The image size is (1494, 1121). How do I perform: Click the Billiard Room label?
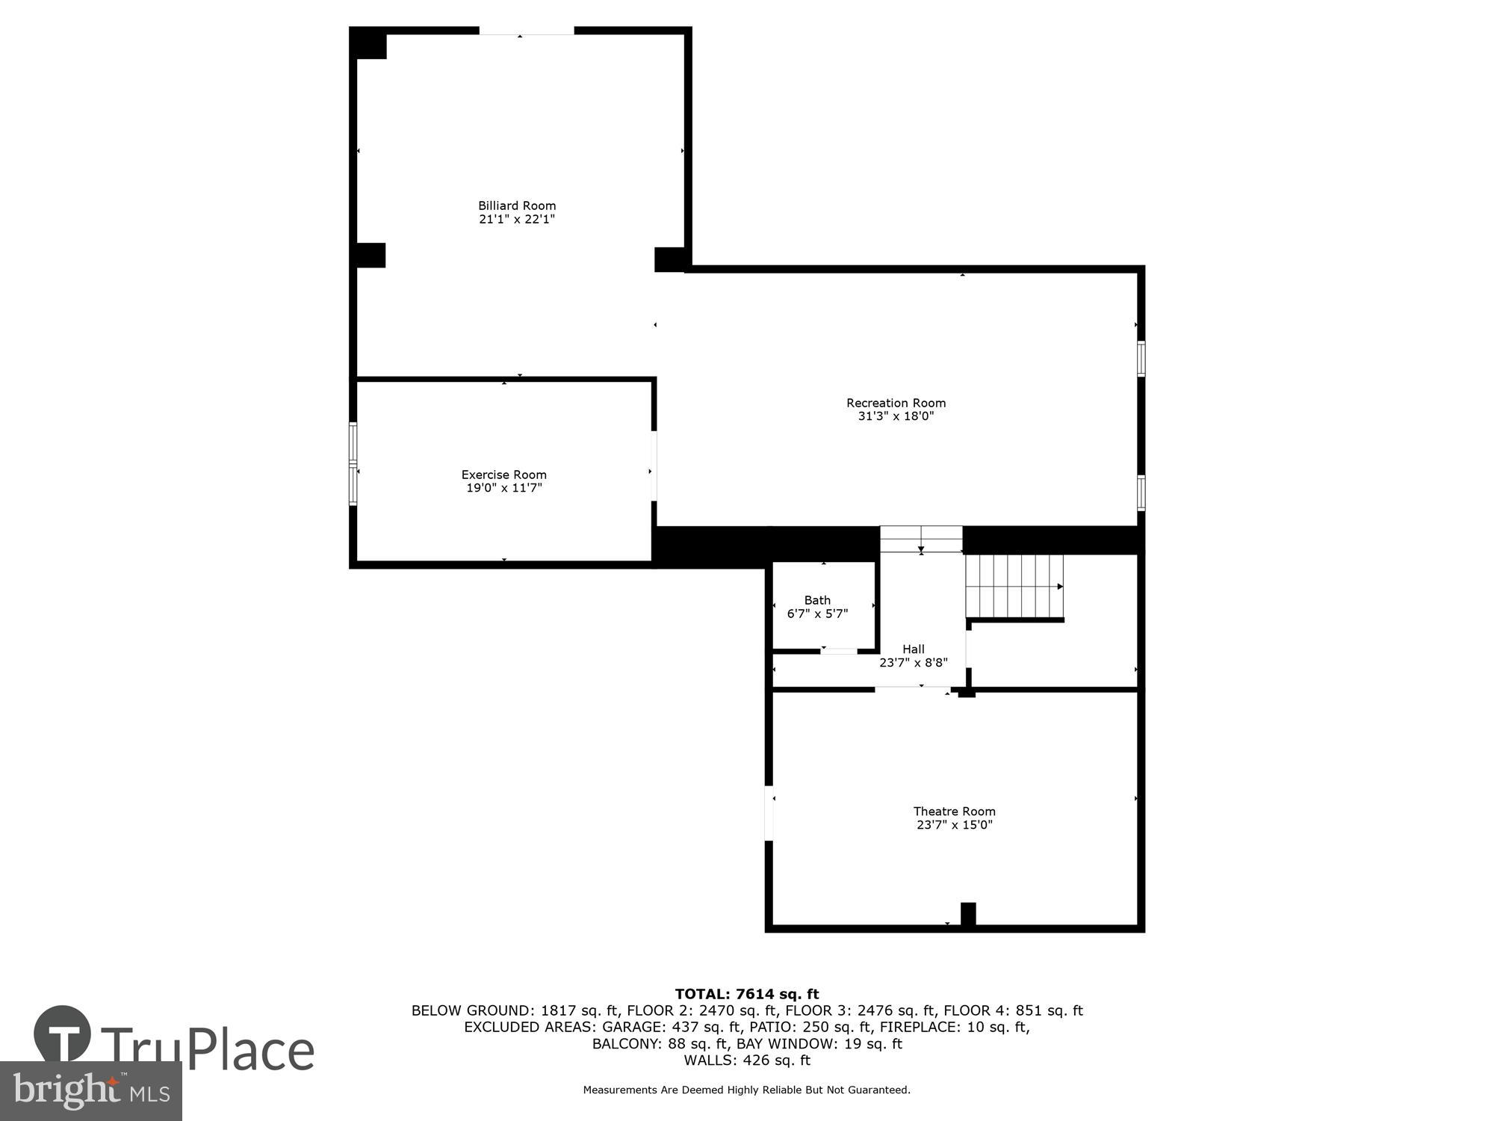517,206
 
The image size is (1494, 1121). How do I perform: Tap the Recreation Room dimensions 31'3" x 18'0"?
896,416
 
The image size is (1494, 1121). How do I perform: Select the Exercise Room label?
503,475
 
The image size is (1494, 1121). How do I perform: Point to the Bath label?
817,600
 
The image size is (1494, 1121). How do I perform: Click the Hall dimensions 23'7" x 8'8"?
913,662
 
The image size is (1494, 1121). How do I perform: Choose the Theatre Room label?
954,811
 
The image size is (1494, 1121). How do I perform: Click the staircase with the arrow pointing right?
1014,587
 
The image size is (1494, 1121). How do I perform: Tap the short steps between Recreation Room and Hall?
920,539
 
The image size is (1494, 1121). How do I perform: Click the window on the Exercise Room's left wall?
353,464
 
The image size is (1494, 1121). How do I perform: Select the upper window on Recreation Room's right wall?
1141,359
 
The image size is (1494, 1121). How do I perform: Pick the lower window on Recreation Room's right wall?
1141,493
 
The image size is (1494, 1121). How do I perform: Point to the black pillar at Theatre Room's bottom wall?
967,914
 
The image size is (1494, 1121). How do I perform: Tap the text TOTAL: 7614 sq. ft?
746,994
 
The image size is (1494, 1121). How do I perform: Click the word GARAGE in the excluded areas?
633,1027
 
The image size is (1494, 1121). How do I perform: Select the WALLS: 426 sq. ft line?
746,1060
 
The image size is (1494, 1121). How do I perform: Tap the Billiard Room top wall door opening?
526,31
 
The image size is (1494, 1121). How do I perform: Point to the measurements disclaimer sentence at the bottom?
746,1090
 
